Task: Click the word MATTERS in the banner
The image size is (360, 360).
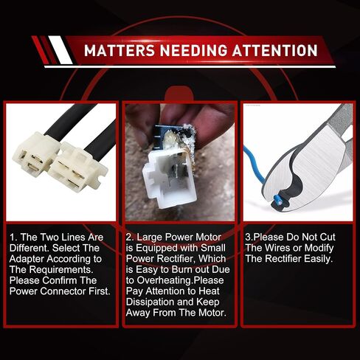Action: coord(120,50)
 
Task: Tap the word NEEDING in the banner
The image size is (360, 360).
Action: coord(194,50)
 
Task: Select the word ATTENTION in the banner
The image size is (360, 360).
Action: coord(275,50)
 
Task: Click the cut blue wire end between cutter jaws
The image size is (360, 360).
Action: coord(278,200)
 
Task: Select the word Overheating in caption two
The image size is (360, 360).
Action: coord(165,280)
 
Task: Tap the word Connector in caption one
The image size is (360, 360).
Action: coord(63,291)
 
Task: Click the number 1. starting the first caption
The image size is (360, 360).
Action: coord(14,238)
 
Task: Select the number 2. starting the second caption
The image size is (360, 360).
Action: coord(130,238)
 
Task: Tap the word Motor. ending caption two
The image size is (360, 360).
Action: coord(212,313)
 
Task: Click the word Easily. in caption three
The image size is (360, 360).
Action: coord(319,259)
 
